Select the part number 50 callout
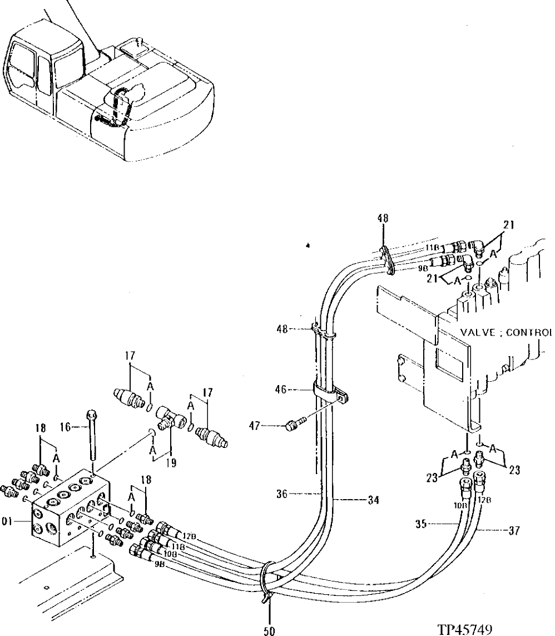click(x=270, y=630)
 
